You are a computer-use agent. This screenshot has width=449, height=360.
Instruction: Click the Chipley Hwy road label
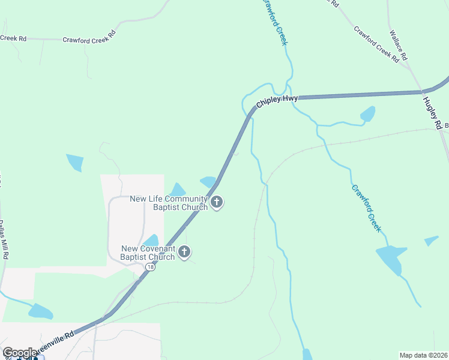pyautogui.click(x=277, y=101)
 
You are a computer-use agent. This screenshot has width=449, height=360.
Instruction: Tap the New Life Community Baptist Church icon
pyautogui.click(x=217, y=203)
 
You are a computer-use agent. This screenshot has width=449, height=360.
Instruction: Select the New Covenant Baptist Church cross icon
pyautogui.click(x=184, y=252)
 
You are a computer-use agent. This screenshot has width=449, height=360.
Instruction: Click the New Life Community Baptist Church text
pyautogui.click(x=169, y=203)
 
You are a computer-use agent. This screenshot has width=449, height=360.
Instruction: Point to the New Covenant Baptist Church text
pyautogui.click(x=148, y=253)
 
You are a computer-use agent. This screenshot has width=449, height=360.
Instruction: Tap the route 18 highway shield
pyautogui.click(x=150, y=268)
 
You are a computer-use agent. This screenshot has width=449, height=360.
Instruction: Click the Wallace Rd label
pyautogui.click(x=398, y=46)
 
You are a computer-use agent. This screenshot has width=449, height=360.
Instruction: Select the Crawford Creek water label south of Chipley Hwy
pyautogui.click(x=366, y=208)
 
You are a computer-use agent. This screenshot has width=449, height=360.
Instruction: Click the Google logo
pyautogui.click(x=19, y=353)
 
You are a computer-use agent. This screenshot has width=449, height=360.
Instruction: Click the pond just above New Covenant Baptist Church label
pyautogui.click(x=151, y=240)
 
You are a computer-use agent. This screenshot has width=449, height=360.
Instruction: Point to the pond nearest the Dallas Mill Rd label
pyautogui.click(x=40, y=311)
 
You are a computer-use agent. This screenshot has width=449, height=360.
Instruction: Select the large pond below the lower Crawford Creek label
pyautogui.click(x=390, y=259)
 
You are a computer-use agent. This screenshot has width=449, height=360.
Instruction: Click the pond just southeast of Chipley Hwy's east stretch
pyautogui.click(x=367, y=114)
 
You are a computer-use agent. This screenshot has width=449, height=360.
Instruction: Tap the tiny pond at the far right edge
pyautogui.click(x=431, y=241)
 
